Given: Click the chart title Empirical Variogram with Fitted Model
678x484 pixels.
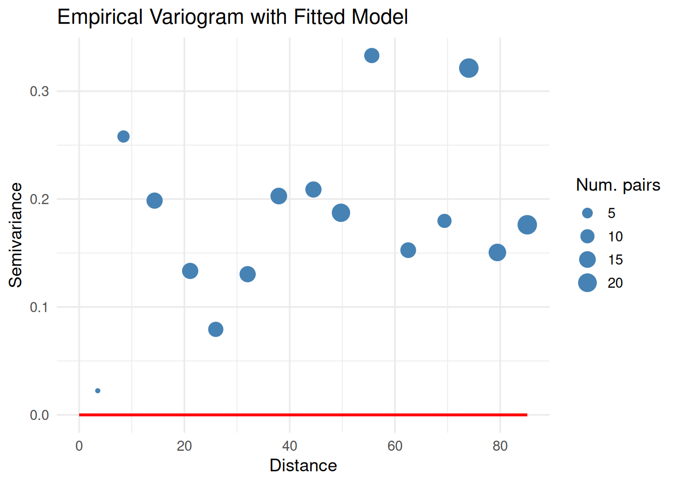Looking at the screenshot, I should (x=233, y=17).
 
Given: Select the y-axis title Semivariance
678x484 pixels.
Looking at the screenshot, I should (x=16, y=235).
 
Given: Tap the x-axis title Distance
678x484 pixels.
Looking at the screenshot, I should (x=303, y=465).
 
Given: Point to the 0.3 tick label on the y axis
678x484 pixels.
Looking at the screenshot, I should (x=39, y=91).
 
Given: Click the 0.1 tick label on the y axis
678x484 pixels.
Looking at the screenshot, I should (x=39, y=307).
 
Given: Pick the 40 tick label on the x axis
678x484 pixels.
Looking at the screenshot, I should (x=290, y=446).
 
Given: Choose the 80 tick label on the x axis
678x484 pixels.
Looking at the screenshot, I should (x=500, y=446).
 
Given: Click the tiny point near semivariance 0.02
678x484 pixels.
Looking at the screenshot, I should (x=98, y=391).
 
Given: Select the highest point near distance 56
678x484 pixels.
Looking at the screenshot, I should (x=372, y=55).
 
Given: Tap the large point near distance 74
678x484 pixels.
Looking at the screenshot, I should (x=469, y=68).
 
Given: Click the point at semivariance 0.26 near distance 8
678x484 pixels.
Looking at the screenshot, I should (x=124, y=137).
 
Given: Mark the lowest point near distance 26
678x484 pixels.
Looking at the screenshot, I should (x=215, y=329).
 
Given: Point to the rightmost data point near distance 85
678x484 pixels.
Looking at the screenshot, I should (x=527, y=225).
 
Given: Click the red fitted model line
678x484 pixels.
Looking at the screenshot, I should (x=303, y=415).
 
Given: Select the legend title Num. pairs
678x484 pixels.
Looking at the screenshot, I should (x=618, y=185).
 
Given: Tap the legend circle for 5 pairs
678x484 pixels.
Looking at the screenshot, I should (x=587, y=213).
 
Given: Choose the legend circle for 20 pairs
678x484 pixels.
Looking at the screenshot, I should (x=587, y=283).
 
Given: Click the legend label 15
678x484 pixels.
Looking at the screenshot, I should (x=615, y=260).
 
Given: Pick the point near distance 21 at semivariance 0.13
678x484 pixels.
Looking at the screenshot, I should (x=190, y=271).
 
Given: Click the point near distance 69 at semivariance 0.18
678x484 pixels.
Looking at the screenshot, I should (x=444, y=221).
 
